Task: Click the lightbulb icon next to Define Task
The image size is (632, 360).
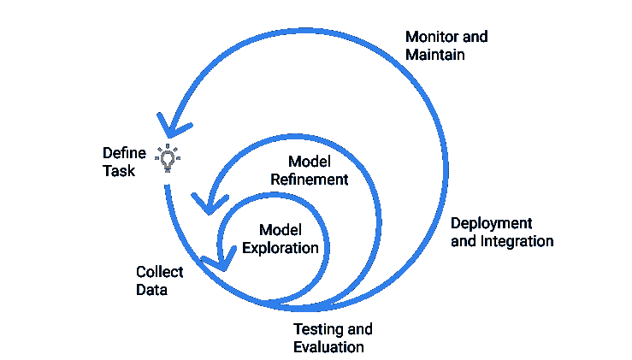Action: (168, 157)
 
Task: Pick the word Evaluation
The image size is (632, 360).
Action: (328, 347)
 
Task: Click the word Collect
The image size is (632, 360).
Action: (160, 272)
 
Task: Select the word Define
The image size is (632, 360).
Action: (124, 153)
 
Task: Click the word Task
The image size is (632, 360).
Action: (120, 171)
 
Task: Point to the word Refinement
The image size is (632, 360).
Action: (310, 180)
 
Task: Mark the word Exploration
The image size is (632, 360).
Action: (281, 248)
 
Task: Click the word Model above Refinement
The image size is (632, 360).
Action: (310, 162)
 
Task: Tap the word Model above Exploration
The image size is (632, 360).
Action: (281, 230)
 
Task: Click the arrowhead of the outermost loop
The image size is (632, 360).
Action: (171, 125)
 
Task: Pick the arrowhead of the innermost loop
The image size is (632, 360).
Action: (219, 260)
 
